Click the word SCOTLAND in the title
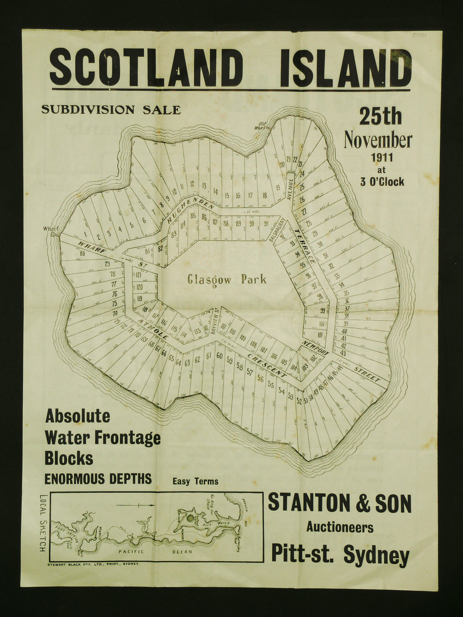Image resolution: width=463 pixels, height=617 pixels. pyautogui.click(x=147, y=68)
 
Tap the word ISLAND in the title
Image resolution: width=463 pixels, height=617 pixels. pyautogui.click(x=345, y=68)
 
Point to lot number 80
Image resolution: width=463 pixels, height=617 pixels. pyautogui.click(x=82, y=253)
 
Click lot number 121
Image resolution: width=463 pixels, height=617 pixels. pyautogui.click(x=139, y=275)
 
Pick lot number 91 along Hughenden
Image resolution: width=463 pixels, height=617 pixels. pyautogui.click(x=266, y=224)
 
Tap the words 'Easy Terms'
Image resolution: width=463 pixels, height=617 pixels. pyautogui.click(x=195, y=481)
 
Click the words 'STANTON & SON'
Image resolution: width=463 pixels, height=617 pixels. pyautogui.click(x=339, y=503)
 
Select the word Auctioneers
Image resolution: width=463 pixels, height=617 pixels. pyautogui.click(x=339, y=527)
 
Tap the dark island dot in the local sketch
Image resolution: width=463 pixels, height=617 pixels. pyautogui.click(x=190, y=518)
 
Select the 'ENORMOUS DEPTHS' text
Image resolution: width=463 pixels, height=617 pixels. pyautogui.click(x=98, y=479)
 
